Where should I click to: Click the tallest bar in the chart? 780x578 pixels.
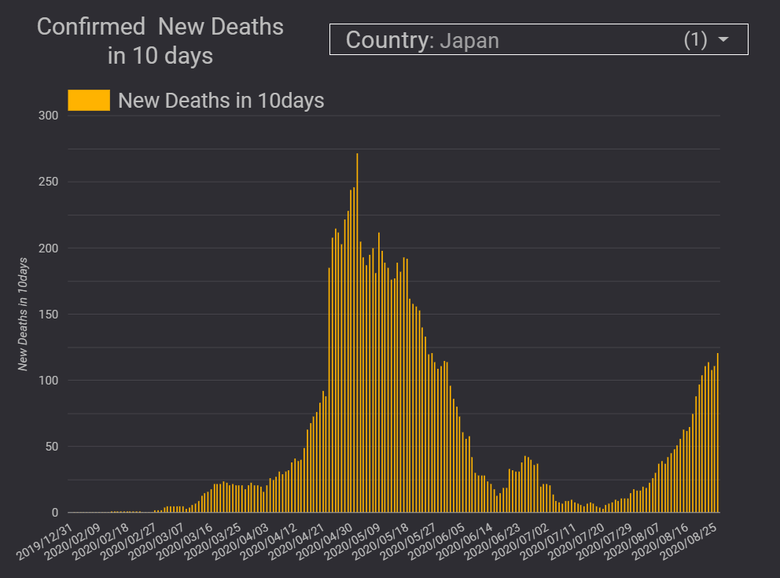tap(357, 330)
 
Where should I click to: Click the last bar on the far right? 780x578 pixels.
tap(718, 433)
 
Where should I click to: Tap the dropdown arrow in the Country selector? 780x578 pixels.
tap(723, 39)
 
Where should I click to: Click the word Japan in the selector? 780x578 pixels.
tap(469, 40)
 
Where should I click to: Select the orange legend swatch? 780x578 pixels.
tap(89, 101)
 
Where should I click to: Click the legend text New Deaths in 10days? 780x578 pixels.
tap(221, 101)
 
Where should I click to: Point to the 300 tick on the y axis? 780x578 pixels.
tap(49, 116)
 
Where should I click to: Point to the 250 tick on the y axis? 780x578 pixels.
tap(49, 182)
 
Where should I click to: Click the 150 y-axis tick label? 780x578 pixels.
tap(49, 315)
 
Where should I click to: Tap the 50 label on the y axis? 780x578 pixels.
tap(52, 447)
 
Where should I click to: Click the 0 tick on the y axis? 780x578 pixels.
tap(55, 513)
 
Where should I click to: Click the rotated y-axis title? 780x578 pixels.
tap(24, 315)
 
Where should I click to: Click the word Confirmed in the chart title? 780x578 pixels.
tap(91, 27)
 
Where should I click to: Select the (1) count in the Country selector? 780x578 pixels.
tap(696, 39)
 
